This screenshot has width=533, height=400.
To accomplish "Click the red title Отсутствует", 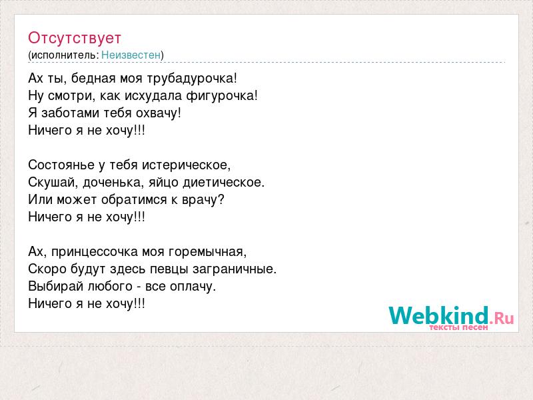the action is (x=75, y=38).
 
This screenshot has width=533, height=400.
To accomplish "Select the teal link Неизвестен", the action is (x=131, y=55).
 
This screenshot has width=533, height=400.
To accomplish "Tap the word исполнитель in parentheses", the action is (x=65, y=55).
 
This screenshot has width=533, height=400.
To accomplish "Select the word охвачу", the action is (x=157, y=113).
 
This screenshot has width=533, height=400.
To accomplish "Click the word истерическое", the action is (x=185, y=165).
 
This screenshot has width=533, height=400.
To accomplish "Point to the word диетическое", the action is (x=222, y=183).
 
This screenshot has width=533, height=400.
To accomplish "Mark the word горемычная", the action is (x=206, y=253).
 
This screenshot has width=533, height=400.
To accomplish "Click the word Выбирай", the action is (x=56, y=287).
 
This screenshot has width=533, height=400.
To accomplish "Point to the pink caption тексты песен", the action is (x=458, y=327).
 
